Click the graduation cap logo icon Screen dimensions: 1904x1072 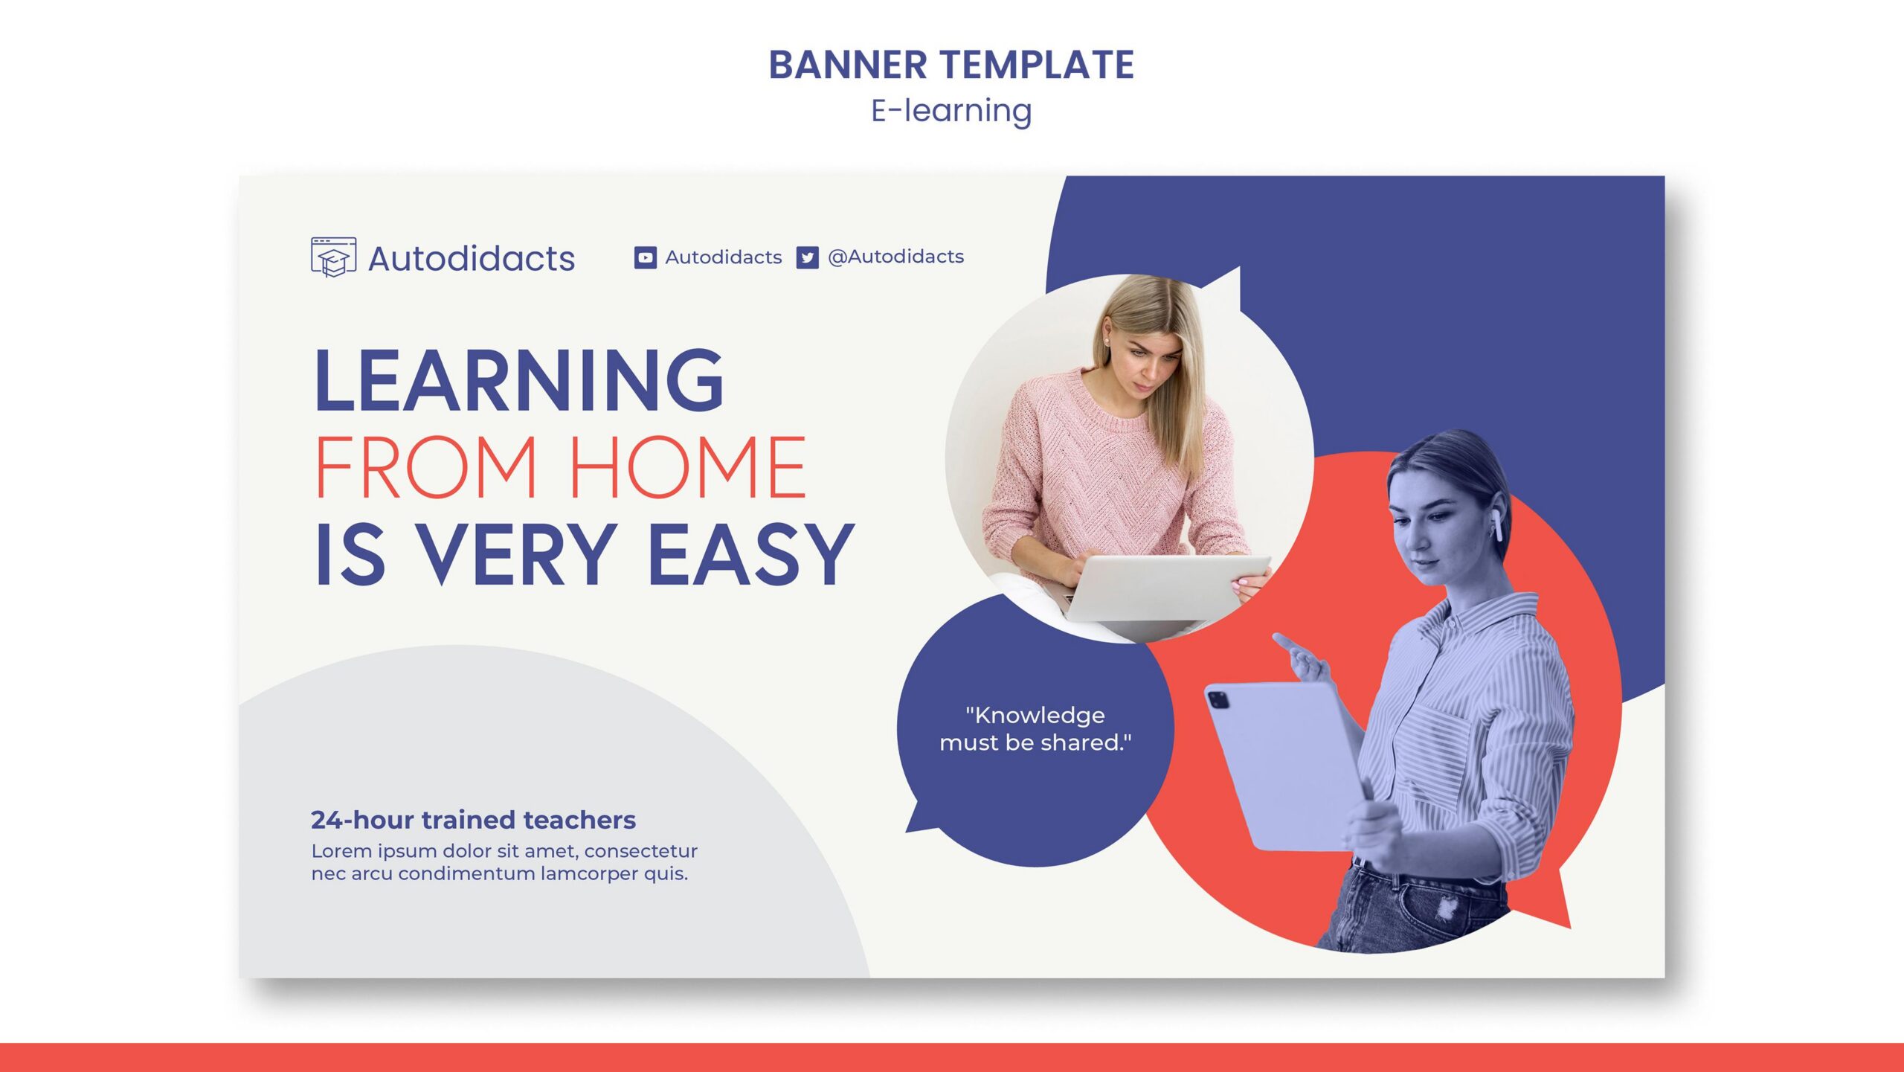coord(333,257)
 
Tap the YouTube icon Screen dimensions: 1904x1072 coord(645,257)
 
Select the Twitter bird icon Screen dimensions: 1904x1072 coord(807,257)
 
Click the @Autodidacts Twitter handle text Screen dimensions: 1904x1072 coord(895,257)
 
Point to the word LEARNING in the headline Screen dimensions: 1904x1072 coord(519,380)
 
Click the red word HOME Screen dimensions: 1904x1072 coord(688,467)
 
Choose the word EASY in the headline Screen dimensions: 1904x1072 coord(751,553)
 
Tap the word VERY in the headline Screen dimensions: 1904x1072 coord(518,553)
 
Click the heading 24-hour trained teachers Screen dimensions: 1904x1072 coord(473,820)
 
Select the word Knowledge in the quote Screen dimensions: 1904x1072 coord(1039,715)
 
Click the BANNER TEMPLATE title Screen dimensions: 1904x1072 coord(951,65)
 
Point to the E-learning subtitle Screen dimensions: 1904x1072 coord(951,111)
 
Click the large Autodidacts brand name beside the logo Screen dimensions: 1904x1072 coord(472,259)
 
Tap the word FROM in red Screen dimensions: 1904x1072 coord(425,467)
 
